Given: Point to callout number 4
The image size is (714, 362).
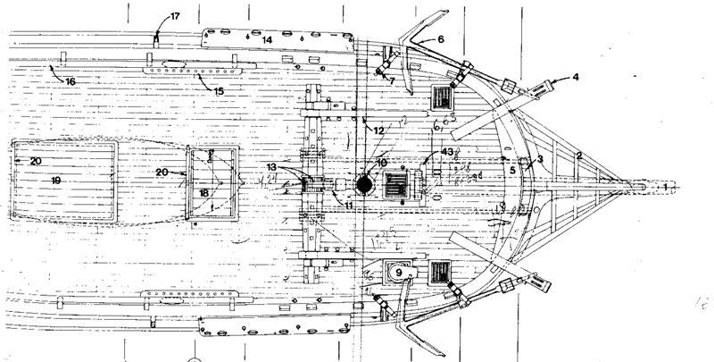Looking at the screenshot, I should pos(576,79).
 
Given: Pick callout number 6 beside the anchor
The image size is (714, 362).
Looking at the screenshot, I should pos(440,40).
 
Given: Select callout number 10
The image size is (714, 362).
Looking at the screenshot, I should pos(380,163).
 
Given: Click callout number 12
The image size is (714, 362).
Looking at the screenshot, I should pos(378,130).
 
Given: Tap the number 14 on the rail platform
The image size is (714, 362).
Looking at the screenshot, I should pos(267,40).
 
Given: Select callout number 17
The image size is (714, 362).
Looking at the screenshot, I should pos(174,16).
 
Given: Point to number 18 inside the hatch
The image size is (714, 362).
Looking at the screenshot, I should pos(204,192).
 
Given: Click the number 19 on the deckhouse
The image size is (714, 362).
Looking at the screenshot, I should pos(55,180).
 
